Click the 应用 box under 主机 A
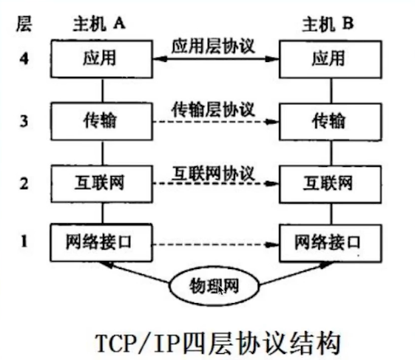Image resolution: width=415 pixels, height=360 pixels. pos(101,58)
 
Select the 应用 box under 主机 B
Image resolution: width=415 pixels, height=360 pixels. pos(331,59)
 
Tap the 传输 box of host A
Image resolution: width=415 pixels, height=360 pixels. pos(101,121)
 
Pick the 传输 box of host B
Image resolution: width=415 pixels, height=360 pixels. pos(331,122)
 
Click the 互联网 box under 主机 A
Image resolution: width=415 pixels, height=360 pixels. pos(101,184)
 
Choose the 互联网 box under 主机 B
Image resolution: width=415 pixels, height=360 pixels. pos(331,184)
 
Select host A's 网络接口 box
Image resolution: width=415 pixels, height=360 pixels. pos(101,242)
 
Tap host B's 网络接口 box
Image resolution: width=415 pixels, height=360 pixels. pos(331,243)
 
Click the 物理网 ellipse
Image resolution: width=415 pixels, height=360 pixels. pos(214,286)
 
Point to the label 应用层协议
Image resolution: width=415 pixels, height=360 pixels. pos(213,47)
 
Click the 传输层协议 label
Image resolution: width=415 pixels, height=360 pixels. pos(213,109)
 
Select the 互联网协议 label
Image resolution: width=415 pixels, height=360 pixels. pos(213,174)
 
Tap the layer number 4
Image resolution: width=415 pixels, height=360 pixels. pos(24,58)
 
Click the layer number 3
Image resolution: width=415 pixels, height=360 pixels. pos(24,121)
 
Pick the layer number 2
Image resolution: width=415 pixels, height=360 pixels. pos(24,183)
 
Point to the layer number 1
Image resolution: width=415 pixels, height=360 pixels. pos(24,242)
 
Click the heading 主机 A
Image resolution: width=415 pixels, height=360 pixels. pos(99,24)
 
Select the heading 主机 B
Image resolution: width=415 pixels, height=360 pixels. pos(328,24)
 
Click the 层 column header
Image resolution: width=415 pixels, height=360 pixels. pos(24,24)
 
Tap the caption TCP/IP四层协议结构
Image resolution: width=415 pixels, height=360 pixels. pos(217,343)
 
